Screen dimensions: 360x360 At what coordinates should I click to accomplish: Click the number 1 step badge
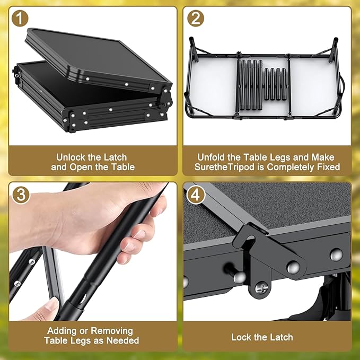coord(20,19)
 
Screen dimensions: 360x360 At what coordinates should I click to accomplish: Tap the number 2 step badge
coord(196,19)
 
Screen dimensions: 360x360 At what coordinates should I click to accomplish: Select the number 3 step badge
coord(21,195)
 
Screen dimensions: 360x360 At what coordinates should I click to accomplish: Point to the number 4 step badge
coord(196,195)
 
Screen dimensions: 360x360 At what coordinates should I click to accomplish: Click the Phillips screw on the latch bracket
coord(261,288)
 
